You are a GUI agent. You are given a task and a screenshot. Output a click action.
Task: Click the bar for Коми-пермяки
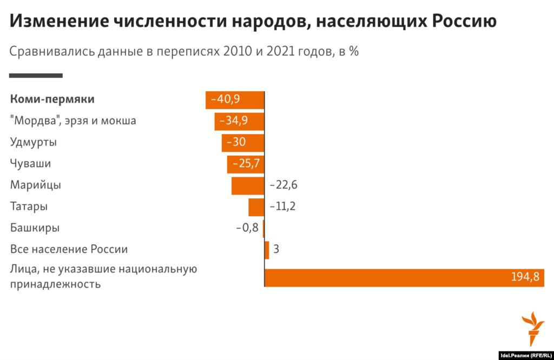[234, 100]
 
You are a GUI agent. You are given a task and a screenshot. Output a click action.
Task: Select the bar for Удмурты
[242, 143]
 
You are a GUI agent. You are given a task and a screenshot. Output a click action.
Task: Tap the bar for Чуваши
[245, 164]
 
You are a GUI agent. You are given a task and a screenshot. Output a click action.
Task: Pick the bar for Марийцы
[247, 185]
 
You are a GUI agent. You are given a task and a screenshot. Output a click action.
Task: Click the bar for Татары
[256, 207]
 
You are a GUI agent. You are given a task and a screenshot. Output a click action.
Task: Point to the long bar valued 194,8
[404, 277]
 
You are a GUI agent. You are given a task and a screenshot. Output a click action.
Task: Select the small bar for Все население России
[267, 250]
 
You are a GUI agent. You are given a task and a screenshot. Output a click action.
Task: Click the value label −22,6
[283, 185]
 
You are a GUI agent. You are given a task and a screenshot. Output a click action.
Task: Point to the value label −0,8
[247, 228]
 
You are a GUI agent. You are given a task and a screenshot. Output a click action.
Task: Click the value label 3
[276, 249]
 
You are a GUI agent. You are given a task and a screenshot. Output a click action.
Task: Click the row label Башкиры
[35, 228]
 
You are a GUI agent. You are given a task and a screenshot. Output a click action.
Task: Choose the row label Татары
[29, 206]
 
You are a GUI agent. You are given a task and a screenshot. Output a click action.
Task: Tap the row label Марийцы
[36, 185]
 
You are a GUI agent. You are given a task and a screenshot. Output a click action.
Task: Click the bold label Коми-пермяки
[52, 99]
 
